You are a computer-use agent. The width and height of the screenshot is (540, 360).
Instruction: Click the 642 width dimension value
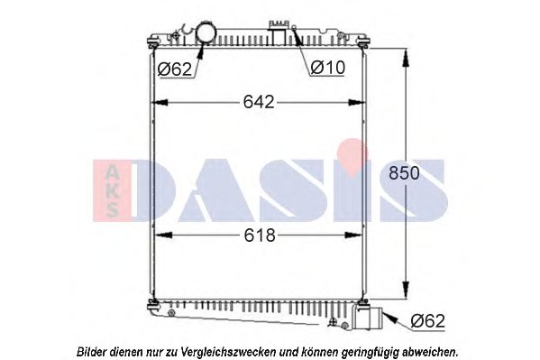[x=258, y=102]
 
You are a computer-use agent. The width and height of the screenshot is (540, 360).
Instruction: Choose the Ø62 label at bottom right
[x=429, y=319]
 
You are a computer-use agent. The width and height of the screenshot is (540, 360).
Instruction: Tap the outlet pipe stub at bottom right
[x=371, y=319]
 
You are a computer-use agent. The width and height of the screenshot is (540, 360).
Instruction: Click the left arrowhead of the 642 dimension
[x=155, y=102]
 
